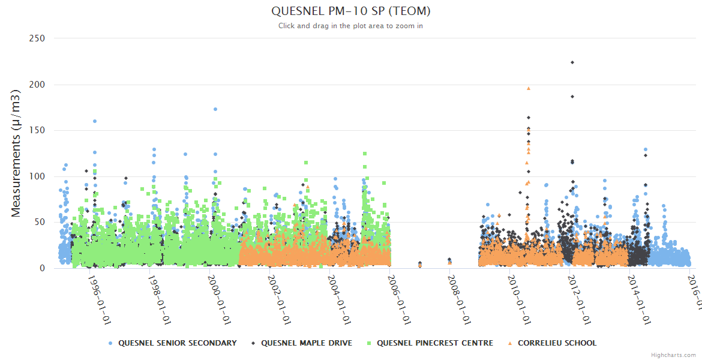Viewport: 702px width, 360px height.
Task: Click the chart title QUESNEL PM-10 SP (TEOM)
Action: pyautogui.click(x=350, y=11)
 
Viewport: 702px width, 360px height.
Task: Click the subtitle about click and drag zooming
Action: pyautogui.click(x=350, y=26)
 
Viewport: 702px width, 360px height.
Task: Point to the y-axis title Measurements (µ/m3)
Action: pyautogui.click(x=16, y=153)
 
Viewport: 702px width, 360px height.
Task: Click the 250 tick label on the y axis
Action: pyautogui.click(x=37, y=38)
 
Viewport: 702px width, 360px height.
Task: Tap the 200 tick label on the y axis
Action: pyautogui.click(x=37, y=85)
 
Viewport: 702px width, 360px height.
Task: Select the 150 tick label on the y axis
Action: pyautogui.click(x=37, y=130)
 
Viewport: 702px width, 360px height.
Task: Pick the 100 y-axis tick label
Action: pyautogui.click(x=37, y=176)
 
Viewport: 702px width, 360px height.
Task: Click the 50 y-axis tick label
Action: pyautogui.click(x=40, y=223)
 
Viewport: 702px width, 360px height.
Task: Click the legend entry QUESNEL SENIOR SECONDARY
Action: pyautogui.click(x=177, y=343)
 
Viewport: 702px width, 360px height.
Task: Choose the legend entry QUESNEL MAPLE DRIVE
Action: pyautogui.click(x=306, y=343)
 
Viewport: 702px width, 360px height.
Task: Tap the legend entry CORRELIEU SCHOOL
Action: pyautogui.click(x=557, y=343)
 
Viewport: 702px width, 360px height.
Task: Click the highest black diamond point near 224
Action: pyautogui.click(x=572, y=62)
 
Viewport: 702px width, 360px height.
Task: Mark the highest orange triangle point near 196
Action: pyautogui.click(x=529, y=88)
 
